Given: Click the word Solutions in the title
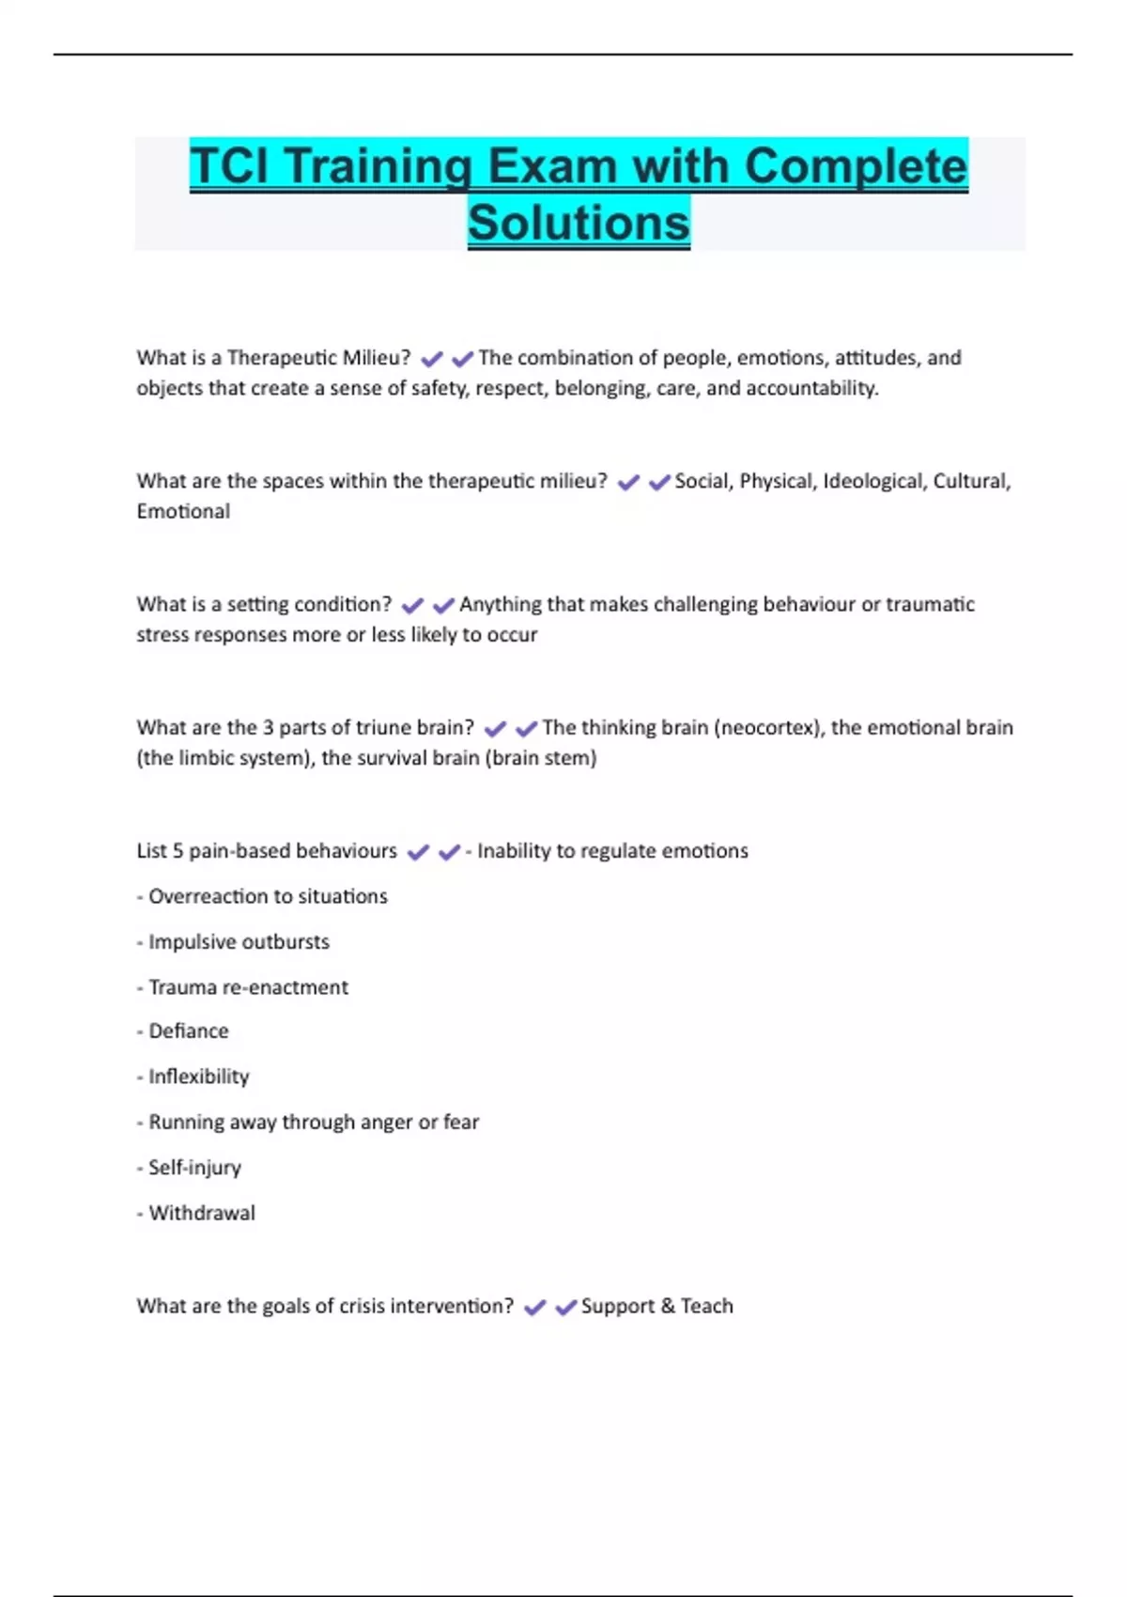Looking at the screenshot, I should point(579,224).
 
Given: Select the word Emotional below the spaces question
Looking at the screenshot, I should point(183,511).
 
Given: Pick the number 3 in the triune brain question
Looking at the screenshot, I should point(268,727).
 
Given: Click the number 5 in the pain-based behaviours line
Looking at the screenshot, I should point(178,851).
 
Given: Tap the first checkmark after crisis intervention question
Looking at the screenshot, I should point(535,1308).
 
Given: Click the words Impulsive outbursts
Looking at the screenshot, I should point(239,941).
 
